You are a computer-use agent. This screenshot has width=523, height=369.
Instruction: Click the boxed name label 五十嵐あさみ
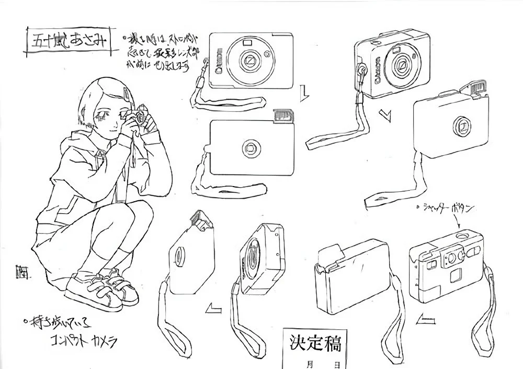point(68,41)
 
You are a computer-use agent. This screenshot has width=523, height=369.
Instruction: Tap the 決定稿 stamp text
point(315,344)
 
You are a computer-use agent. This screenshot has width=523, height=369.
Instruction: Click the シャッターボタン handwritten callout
point(448,209)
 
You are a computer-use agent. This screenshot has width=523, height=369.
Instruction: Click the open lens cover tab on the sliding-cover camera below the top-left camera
point(282,116)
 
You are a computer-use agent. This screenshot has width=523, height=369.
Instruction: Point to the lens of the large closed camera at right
point(460,126)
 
